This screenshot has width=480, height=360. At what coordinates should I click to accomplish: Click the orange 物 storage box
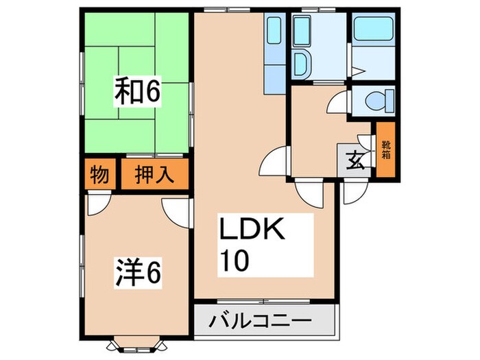click(99, 175)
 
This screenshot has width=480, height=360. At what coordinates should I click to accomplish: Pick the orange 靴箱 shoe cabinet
click(385, 149)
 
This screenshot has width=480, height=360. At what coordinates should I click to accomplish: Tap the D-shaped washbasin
click(300, 64)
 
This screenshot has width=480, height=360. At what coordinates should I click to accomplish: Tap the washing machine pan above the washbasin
click(302, 30)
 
